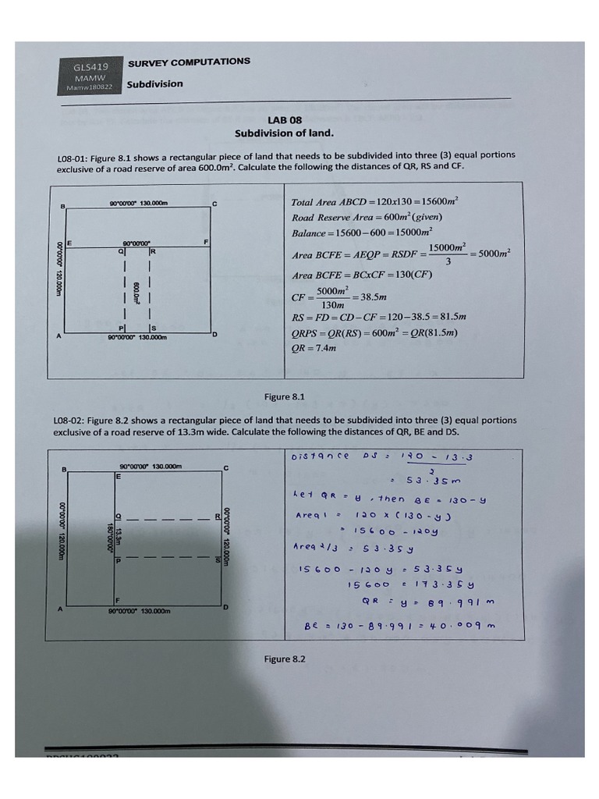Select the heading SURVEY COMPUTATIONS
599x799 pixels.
click(189, 62)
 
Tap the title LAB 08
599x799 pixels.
click(284, 120)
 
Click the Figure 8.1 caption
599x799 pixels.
click(284, 396)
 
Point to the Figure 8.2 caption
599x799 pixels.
click(284, 659)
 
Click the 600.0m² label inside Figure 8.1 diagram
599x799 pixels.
click(136, 293)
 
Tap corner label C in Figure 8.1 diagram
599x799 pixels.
click(214, 204)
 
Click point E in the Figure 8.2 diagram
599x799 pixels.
click(118, 475)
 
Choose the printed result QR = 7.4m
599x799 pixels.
click(314, 348)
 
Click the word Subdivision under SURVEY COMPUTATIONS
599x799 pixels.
click(154, 84)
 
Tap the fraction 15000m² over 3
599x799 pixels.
click(448, 253)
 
